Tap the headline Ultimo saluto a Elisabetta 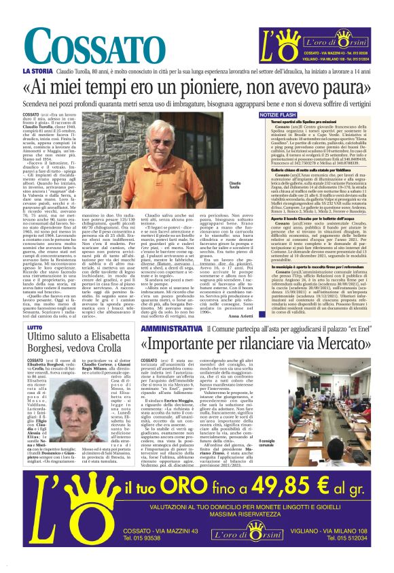[81, 339]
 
